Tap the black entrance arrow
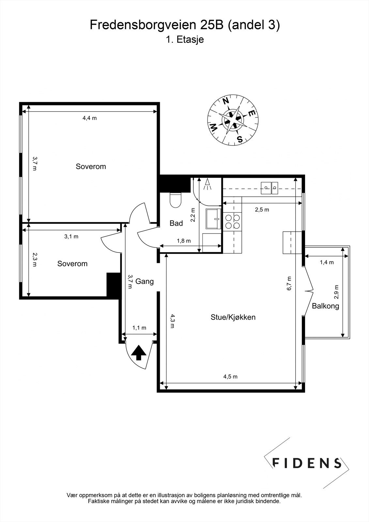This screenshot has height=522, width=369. (139, 353)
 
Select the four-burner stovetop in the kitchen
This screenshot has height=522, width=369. (232, 222)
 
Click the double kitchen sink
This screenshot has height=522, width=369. (269, 188)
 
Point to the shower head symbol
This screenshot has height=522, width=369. (207, 184)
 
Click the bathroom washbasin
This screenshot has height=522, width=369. (213, 219)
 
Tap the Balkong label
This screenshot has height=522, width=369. (325, 306)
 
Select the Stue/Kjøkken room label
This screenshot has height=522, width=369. (233, 317)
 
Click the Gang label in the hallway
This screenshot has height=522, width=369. (144, 282)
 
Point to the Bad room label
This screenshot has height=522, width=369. (176, 223)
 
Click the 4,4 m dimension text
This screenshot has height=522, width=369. (89, 118)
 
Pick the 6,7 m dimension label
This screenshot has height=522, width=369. (289, 284)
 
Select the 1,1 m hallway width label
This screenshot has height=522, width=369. (139, 328)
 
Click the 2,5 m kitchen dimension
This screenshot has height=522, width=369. (262, 209)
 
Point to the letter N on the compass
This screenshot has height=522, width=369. (225, 101)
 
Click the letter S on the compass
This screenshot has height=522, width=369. (239, 139)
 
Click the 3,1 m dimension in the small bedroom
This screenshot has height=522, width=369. (71, 237)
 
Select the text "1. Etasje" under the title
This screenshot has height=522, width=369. (185, 39)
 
